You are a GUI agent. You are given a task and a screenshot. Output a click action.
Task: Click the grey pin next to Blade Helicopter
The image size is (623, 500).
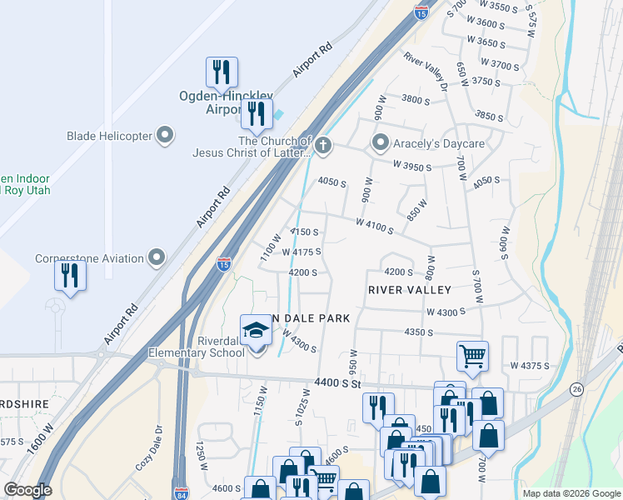165,135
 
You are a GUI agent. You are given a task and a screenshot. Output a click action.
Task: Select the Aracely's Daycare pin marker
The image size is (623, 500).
381,143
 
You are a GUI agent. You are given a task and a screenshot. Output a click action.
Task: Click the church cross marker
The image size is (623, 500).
323,147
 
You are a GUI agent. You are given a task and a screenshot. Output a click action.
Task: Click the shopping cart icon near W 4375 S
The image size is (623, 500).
472,356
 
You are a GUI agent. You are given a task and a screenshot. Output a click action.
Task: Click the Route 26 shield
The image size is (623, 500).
576,389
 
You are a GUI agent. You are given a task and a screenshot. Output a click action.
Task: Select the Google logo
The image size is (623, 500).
27,490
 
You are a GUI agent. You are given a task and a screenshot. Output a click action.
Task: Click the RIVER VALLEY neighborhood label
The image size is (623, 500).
410,290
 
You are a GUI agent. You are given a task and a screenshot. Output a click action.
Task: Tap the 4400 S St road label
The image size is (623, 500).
338,382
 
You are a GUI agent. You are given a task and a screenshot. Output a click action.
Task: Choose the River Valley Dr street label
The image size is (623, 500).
426,70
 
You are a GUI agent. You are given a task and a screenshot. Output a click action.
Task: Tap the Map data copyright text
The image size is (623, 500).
571,493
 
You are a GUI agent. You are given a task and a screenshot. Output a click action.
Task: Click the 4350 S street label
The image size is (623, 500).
418,332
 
